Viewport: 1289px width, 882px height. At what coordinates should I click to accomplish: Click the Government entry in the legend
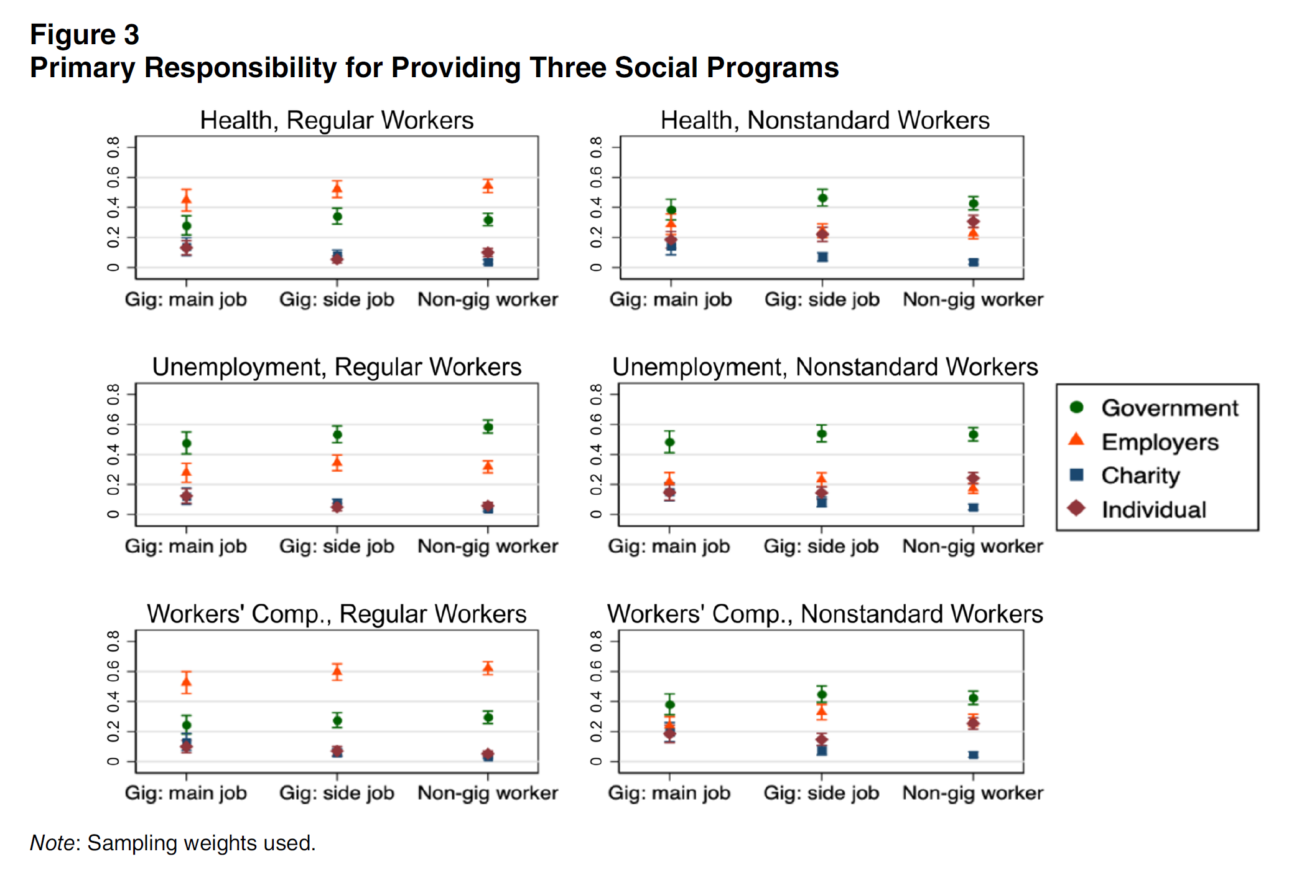click(1169, 408)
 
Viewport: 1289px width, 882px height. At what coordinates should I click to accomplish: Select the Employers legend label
click(1159, 442)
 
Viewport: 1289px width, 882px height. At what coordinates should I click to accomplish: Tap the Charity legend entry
click(1140, 476)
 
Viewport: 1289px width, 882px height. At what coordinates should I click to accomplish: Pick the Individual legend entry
click(1153, 510)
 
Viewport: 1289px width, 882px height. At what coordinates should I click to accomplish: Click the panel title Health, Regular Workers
click(337, 120)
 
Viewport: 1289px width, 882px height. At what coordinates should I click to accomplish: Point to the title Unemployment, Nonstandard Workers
click(825, 367)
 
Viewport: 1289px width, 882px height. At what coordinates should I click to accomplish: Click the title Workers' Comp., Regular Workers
click(337, 614)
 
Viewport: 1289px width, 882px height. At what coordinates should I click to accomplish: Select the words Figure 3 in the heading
click(85, 35)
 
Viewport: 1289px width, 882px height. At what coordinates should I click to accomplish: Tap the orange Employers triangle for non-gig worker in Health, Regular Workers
click(488, 185)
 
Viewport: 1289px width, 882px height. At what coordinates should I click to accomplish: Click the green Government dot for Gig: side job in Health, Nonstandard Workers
click(822, 199)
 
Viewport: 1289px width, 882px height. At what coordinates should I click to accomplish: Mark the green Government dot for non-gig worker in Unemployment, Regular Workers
click(488, 427)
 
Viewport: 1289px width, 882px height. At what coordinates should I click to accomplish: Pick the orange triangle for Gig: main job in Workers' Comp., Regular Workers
click(186, 682)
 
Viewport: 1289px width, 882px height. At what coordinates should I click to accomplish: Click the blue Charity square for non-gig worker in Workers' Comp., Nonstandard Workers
click(974, 755)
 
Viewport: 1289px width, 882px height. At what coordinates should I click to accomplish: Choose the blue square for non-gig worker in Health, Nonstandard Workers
click(974, 263)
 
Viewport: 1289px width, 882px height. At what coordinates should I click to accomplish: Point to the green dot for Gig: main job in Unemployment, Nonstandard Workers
click(670, 443)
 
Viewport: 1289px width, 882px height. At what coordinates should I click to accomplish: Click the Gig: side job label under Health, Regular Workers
click(337, 299)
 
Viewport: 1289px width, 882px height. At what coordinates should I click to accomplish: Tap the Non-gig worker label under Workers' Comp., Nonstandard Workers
click(973, 793)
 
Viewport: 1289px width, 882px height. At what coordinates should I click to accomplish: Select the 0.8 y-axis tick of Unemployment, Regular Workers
click(113, 393)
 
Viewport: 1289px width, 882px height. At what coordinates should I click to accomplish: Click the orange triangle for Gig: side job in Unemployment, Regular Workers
click(337, 462)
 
